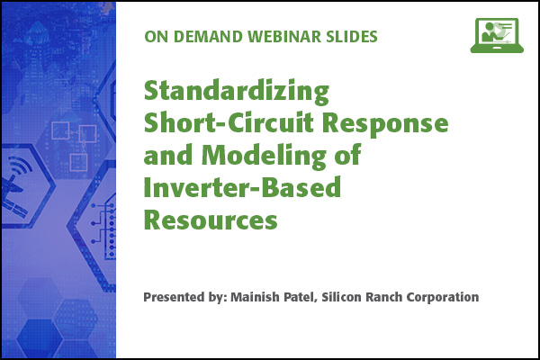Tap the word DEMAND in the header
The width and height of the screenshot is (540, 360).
tap(208, 37)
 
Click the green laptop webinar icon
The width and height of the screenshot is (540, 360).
tap(497, 35)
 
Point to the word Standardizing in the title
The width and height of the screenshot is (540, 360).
tap(237, 92)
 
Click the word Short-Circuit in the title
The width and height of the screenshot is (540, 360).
tap(229, 123)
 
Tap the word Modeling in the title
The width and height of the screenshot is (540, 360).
tap(264, 156)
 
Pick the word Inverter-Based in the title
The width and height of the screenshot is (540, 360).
tap(242, 187)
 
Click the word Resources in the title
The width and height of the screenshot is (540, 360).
tap(211, 220)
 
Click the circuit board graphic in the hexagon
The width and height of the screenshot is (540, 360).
tap(103, 228)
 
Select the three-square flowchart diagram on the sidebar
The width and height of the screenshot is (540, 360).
tap(74, 146)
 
